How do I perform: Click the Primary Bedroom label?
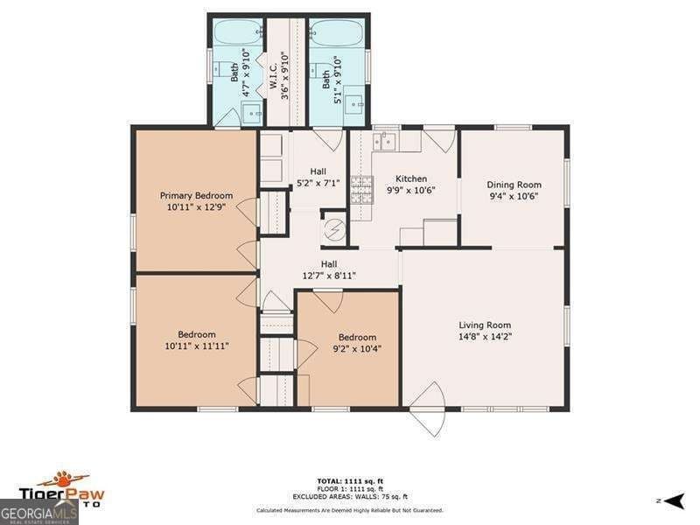tap(196, 195)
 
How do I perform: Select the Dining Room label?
tap(514, 185)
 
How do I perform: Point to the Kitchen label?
tap(387, 178)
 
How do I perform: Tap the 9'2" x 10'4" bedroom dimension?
tap(357, 348)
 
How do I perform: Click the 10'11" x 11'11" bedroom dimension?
tap(196, 346)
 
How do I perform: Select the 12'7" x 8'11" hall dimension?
tap(329, 276)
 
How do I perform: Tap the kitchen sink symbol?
tap(384, 140)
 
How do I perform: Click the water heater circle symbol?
tap(334, 230)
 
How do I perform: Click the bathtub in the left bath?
tap(236, 33)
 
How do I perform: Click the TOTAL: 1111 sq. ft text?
tap(349, 480)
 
